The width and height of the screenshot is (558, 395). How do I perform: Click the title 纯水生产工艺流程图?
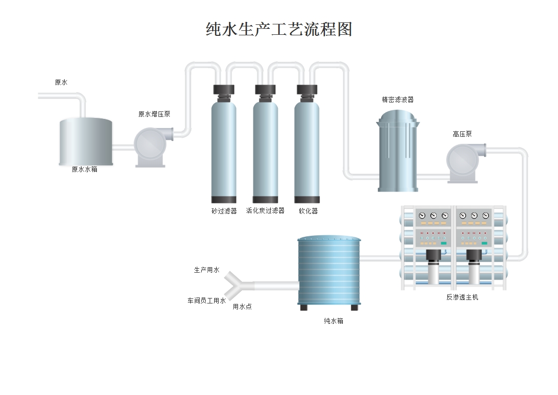[279, 29]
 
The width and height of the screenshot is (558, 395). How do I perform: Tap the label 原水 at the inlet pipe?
[61, 83]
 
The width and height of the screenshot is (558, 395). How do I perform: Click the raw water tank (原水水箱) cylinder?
[85, 142]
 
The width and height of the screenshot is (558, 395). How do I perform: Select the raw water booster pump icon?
[151, 147]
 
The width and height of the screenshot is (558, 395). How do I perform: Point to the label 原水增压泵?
[154, 114]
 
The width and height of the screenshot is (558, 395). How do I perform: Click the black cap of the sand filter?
[224, 90]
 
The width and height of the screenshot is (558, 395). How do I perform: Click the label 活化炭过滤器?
[265, 211]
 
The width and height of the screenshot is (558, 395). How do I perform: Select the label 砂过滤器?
[224, 211]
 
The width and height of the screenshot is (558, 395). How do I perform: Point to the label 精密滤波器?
[398, 99]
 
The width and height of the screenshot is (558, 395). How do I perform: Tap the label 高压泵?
[462, 134]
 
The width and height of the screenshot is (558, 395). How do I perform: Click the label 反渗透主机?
[462, 297]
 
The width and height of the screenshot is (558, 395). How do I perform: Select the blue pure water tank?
[329, 271]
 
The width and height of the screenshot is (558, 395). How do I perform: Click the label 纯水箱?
[333, 321]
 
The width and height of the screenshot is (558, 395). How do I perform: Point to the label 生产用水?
[207, 270]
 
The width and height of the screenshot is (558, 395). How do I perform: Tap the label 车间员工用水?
[207, 301]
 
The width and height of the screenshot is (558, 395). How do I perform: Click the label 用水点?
[242, 307]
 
